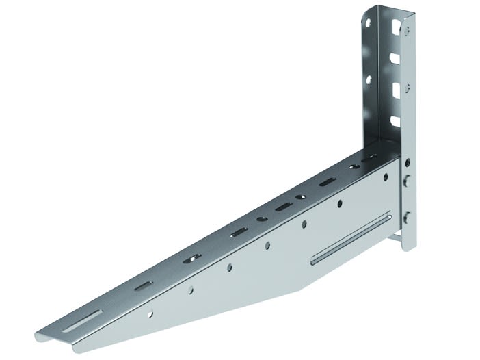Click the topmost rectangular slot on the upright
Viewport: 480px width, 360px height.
[x=395, y=29]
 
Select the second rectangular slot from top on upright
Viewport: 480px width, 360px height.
[x=395, y=60]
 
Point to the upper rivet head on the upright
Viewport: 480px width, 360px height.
[x=407, y=181]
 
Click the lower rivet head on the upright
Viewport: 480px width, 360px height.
[x=407, y=218]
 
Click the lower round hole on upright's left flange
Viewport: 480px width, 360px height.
[x=369, y=79]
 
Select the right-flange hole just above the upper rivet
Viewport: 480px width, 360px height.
[x=408, y=162]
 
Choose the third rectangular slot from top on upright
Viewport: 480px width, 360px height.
[x=395, y=90]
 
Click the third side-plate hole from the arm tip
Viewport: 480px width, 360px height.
[x=229, y=266]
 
